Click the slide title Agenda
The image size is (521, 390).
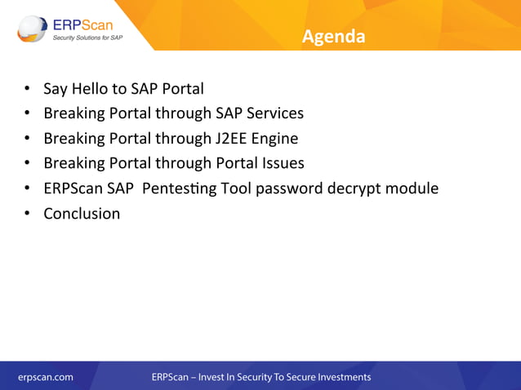332,37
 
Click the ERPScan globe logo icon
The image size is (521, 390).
33,29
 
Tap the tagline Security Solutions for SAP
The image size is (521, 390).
88,38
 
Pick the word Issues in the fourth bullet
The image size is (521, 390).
278,163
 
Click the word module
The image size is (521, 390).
412,188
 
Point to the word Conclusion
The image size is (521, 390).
82,214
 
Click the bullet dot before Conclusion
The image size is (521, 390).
27,215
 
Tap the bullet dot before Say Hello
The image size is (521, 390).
27,89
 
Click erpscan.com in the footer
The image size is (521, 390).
46,377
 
